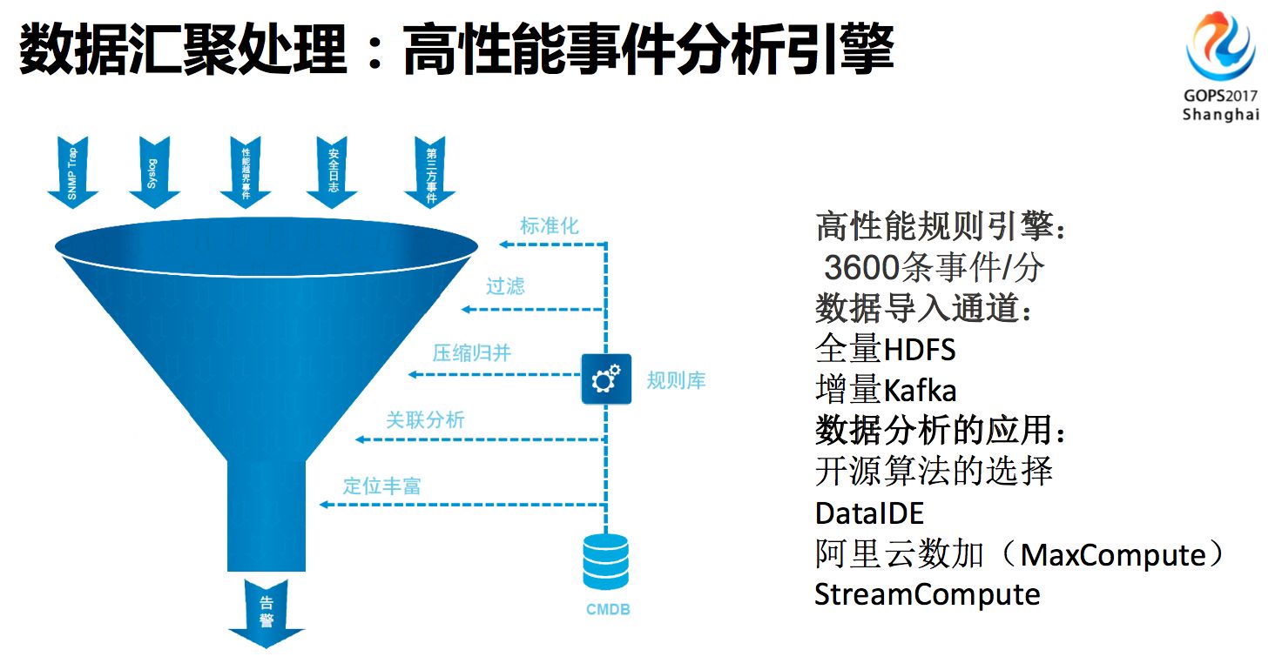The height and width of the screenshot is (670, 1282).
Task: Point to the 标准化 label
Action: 550,225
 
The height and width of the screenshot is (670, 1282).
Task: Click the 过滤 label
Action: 506,286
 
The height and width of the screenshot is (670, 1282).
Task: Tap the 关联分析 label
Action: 426,419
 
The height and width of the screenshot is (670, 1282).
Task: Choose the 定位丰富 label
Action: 381,486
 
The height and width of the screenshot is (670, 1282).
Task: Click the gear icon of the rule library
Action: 606,379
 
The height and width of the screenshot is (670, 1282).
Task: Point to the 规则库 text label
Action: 676,380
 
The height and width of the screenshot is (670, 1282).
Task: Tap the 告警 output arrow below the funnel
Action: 267,613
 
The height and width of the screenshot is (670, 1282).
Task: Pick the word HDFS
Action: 920,350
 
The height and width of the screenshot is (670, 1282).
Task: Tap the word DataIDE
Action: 868,513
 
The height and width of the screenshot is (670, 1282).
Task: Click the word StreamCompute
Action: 927,594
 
